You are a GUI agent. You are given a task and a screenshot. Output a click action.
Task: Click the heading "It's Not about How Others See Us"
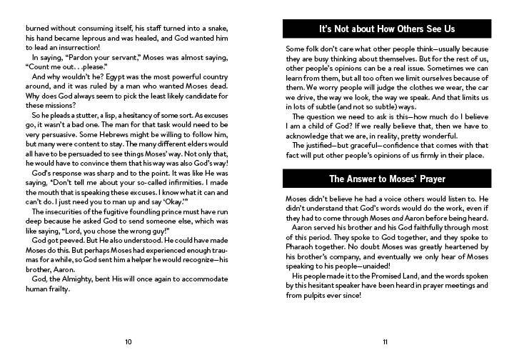pyautogui.click(x=385, y=29)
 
